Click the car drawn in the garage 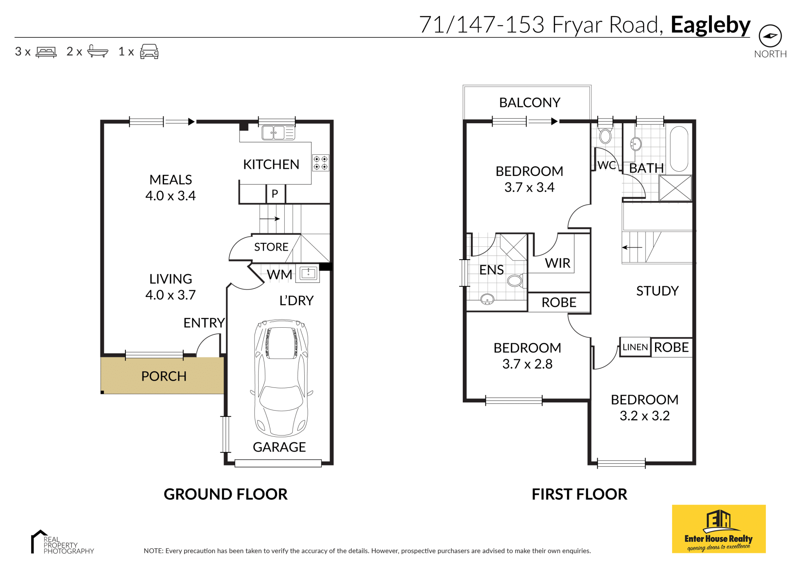click(x=281, y=377)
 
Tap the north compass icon click(x=770, y=36)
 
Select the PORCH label click(x=164, y=376)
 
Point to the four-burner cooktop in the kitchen click(x=320, y=163)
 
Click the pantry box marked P click(x=275, y=194)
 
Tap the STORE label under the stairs click(x=271, y=247)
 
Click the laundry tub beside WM click(x=308, y=273)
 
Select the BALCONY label click(x=530, y=102)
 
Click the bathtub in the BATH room click(x=679, y=149)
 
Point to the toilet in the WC click(x=605, y=135)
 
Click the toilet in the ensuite click(x=516, y=281)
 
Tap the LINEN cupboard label click(x=635, y=347)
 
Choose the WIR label click(x=557, y=263)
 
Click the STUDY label click(x=658, y=291)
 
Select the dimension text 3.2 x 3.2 click(x=645, y=416)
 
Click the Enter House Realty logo click(x=719, y=529)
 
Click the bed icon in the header click(x=46, y=52)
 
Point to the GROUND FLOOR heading click(x=225, y=494)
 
